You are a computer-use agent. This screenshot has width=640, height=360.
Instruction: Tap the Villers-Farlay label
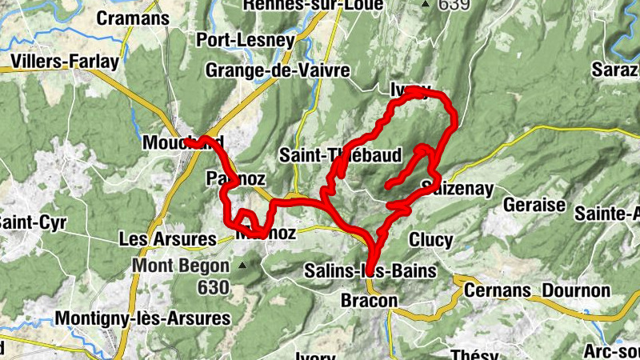66,62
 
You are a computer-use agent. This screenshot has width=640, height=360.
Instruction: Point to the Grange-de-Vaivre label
278,70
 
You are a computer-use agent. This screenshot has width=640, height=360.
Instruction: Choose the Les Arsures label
167,238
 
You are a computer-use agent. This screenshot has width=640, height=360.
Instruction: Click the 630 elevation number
214,286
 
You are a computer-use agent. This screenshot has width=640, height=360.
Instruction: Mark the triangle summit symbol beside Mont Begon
241,264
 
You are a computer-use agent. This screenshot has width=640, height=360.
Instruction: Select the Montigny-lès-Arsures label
142,318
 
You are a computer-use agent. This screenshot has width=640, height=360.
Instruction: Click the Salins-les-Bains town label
370,271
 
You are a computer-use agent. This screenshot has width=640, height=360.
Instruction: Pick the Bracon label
369,300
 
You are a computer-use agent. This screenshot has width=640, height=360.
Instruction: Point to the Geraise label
534,205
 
